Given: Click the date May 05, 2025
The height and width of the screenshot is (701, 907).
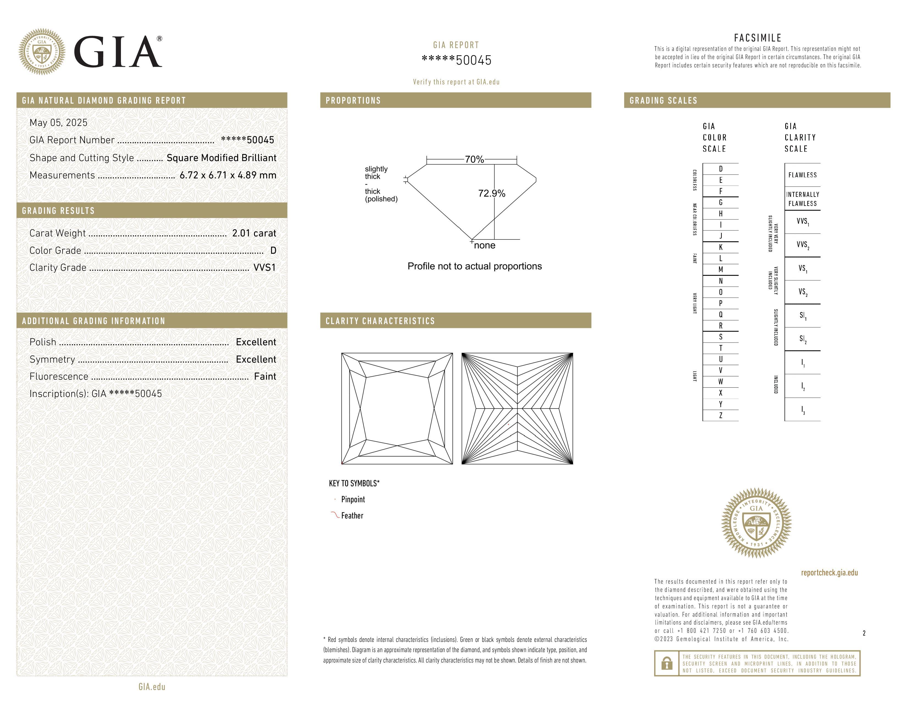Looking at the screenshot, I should [x=59, y=123].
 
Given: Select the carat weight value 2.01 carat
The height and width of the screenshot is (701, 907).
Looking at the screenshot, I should [x=254, y=233].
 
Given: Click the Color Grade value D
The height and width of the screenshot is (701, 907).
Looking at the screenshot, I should [x=273, y=250].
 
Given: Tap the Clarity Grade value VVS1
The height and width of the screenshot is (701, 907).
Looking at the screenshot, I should [x=264, y=267].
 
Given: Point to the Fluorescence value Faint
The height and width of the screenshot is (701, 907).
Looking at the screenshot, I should [x=265, y=376].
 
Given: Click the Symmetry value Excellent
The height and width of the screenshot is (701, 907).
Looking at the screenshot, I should [x=256, y=359].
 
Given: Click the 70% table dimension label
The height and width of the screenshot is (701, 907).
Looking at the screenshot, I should [x=474, y=159].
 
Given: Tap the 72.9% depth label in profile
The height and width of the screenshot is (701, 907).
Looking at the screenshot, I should [x=492, y=194].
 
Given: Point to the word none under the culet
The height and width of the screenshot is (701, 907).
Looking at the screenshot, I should [x=485, y=245].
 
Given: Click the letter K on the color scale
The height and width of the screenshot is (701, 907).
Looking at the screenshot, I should [x=721, y=247].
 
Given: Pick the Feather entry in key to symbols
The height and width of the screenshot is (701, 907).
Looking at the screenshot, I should [x=352, y=516].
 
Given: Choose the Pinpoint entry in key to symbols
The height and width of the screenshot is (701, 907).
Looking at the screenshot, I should [x=353, y=499].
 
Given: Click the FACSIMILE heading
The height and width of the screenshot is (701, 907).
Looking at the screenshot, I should [x=757, y=38].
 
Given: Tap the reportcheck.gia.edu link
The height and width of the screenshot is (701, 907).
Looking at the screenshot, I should [x=829, y=573].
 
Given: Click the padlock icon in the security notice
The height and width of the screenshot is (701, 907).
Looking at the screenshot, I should [x=667, y=663].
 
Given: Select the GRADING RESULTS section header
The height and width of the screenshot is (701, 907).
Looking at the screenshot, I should [x=58, y=211].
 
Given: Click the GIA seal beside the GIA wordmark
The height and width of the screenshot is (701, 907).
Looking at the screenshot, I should [x=42, y=52].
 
